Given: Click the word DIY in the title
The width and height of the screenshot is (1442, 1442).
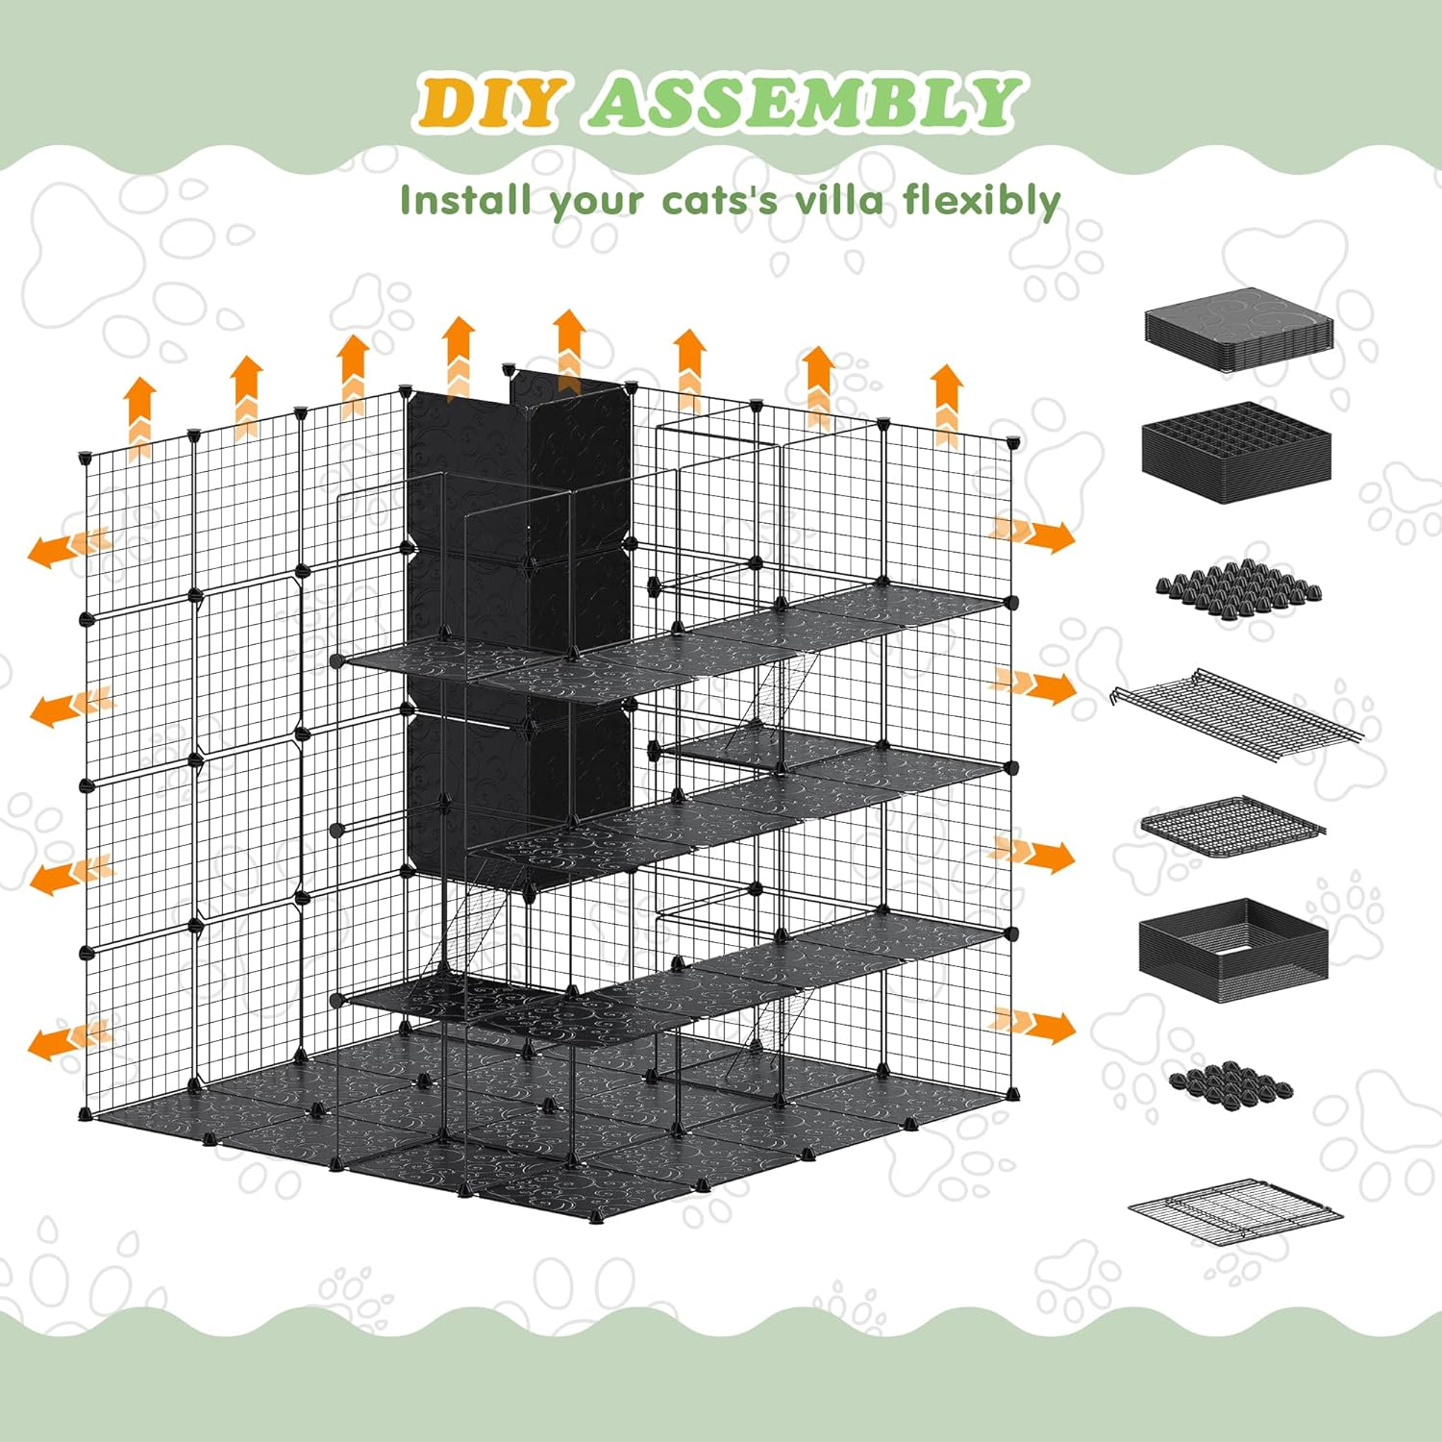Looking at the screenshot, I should tap(488, 103).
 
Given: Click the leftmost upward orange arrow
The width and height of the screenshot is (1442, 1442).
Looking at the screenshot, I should tap(140, 413).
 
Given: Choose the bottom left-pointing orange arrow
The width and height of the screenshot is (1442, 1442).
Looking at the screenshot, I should tap(67, 1040).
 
